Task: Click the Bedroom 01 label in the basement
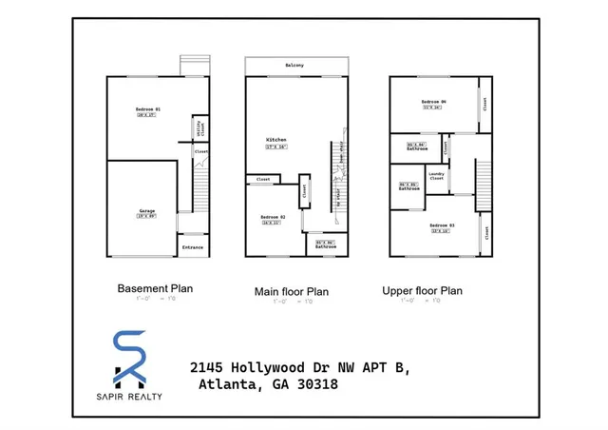pos(146,110)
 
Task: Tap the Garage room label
pos(146,210)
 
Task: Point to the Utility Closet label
pos(198,127)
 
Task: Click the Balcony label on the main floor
pos(294,65)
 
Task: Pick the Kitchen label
pos(275,140)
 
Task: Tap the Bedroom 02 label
pos(273,218)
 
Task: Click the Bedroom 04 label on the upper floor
pos(434,101)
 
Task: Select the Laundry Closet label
pos(436,174)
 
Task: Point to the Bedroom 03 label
pos(443,225)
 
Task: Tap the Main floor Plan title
pos(291,292)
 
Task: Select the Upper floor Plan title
pos(422,291)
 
